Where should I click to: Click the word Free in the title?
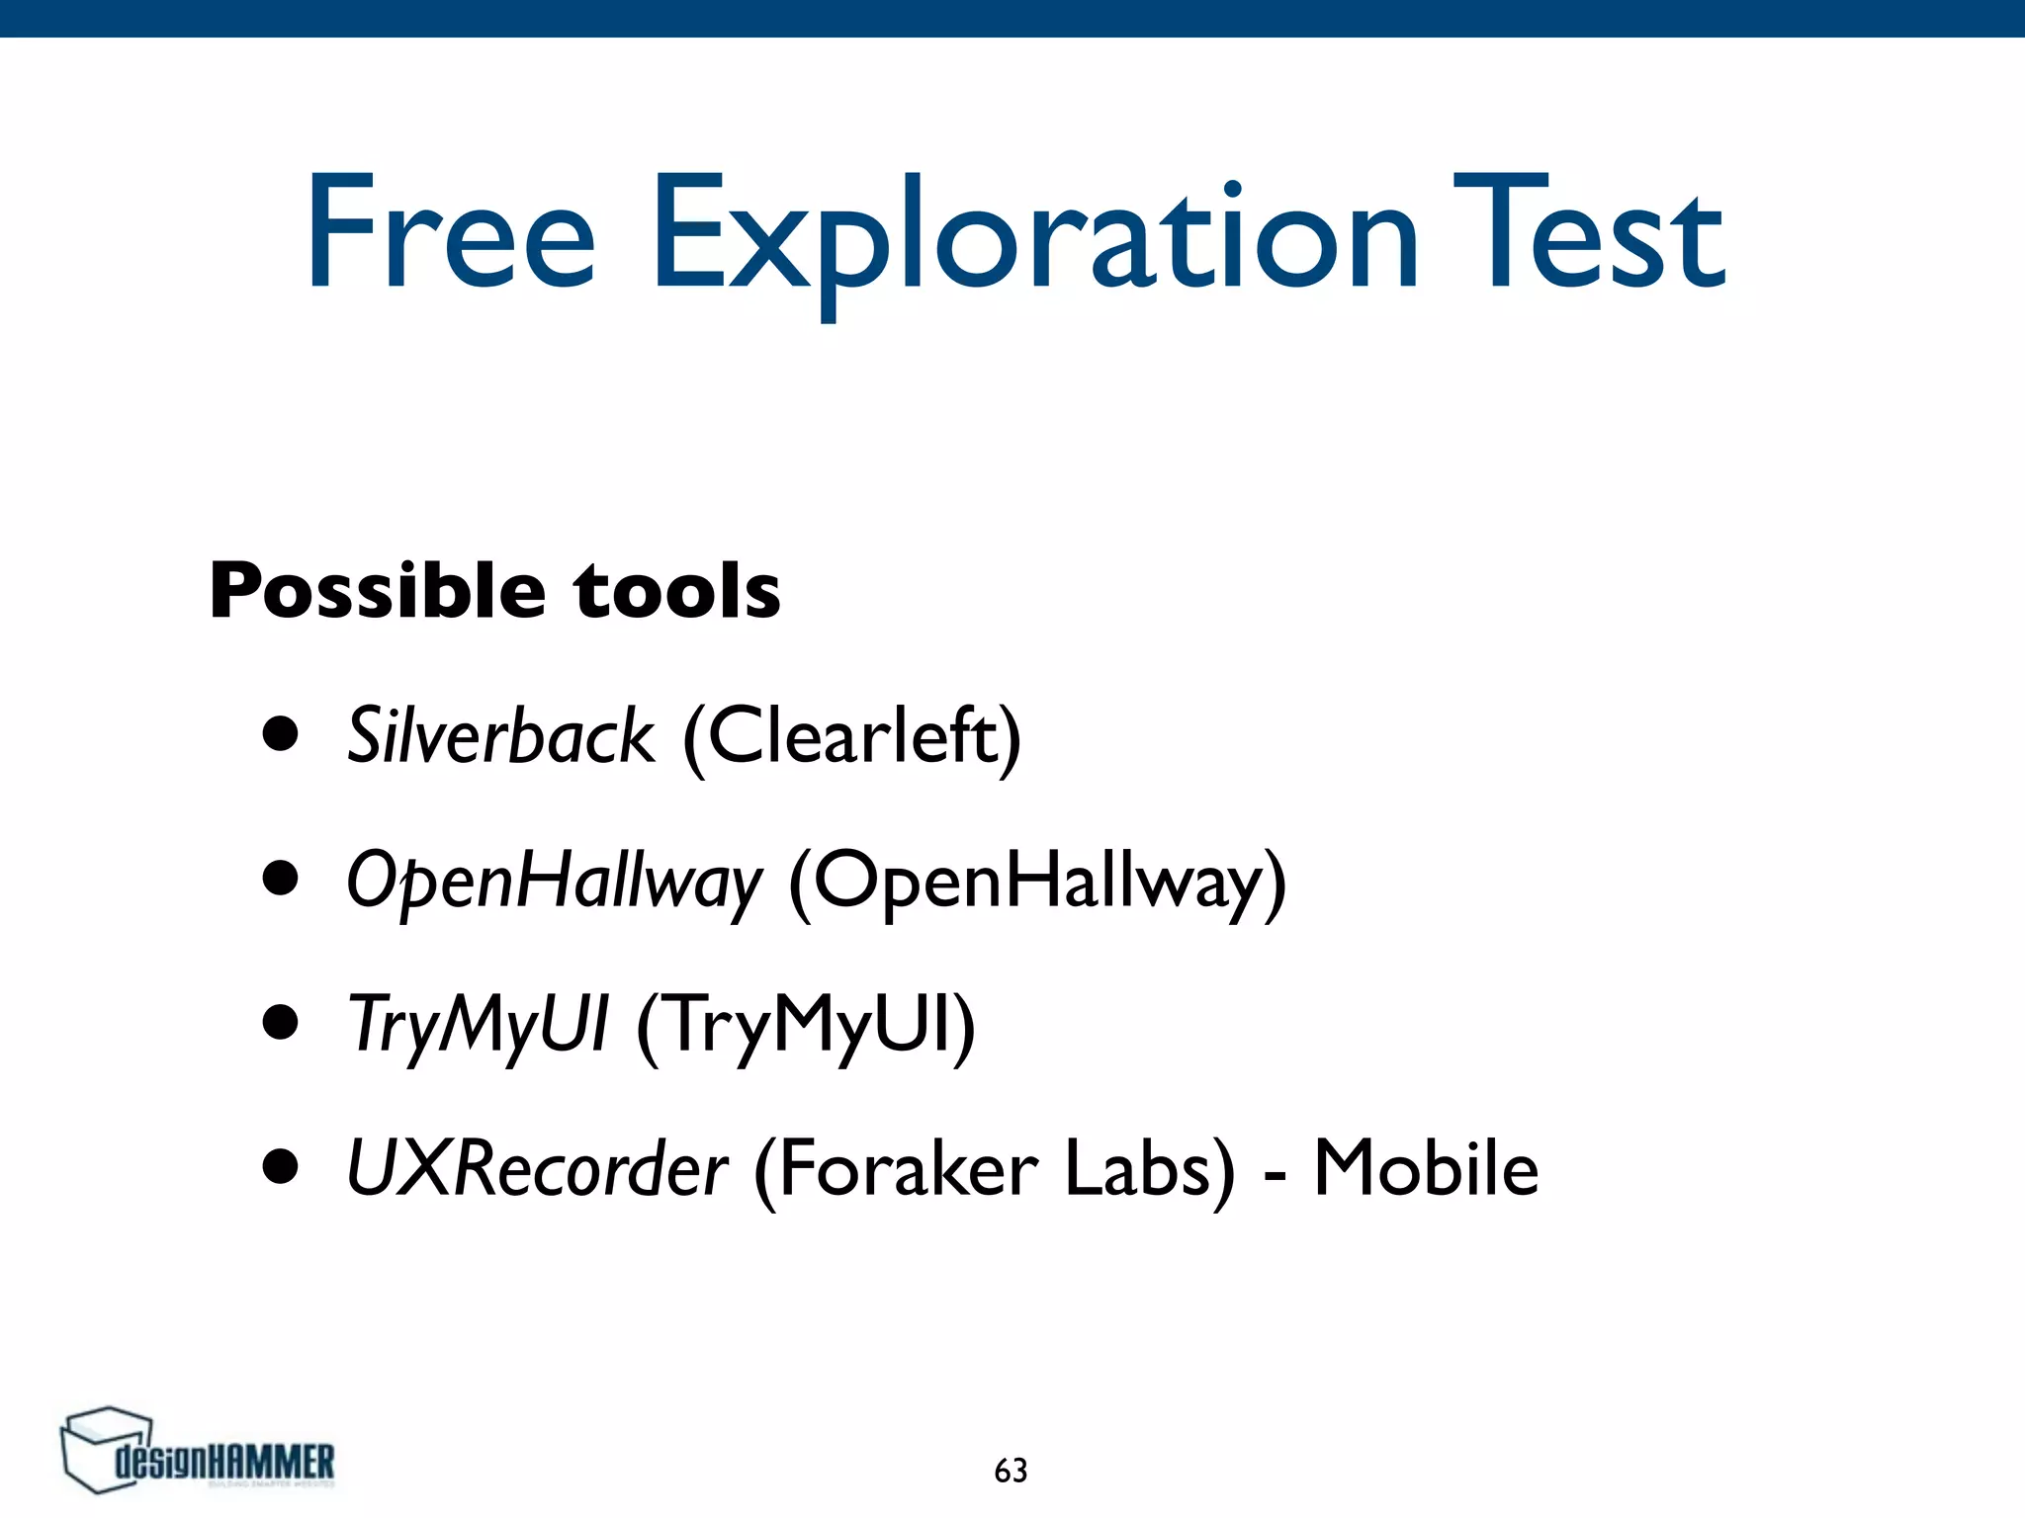(x=451, y=233)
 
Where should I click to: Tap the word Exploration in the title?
(x=1034, y=237)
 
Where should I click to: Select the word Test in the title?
(x=1588, y=233)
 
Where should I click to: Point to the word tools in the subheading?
(x=677, y=591)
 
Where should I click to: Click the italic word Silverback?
(x=500, y=736)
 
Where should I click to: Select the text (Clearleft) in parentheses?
(x=851, y=736)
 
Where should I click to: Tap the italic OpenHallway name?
(x=555, y=881)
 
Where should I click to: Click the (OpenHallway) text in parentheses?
(x=1037, y=881)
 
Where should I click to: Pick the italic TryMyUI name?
(x=479, y=1025)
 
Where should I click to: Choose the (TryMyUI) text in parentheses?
(x=806, y=1025)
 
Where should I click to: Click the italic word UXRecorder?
(x=538, y=1169)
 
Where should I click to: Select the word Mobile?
(x=1426, y=1169)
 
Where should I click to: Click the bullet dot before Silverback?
(x=281, y=734)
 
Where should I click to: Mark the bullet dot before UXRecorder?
(x=281, y=1166)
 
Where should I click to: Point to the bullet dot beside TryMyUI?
(x=281, y=1023)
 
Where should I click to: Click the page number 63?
(x=1011, y=1471)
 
